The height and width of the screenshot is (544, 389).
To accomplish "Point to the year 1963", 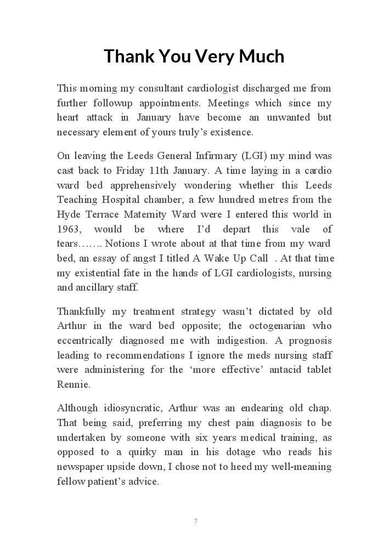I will [x=68, y=229].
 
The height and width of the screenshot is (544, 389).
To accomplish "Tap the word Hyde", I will [x=68, y=214].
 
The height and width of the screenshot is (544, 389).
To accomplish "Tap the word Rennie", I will [x=73, y=384].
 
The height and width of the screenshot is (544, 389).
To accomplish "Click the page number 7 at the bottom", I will [x=195, y=520].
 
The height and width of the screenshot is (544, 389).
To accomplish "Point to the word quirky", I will [x=171, y=452].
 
